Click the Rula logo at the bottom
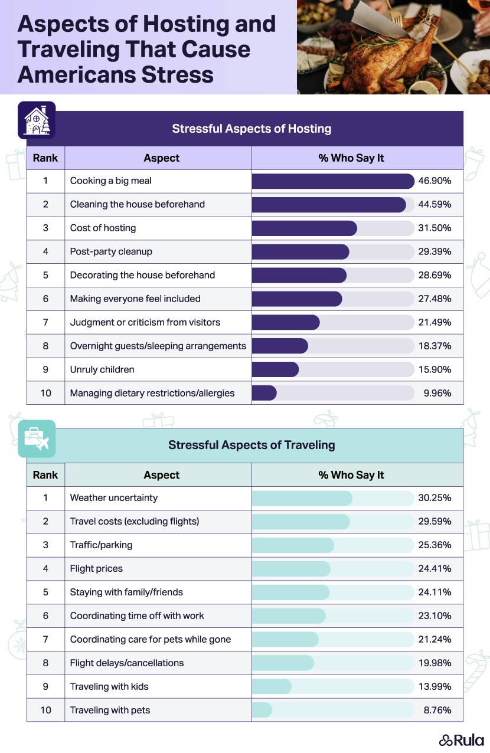tap(461, 740)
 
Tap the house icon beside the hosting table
tap(37, 120)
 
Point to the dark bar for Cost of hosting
tap(304, 228)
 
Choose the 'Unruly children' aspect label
tap(102, 369)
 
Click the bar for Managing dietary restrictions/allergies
tap(264, 393)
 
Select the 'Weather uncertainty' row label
tap(114, 498)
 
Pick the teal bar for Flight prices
tap(291, 569)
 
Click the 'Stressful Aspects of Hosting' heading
tap(251, 129)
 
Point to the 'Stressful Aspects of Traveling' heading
tap(251, 445)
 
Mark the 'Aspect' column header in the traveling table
tap(161, 475)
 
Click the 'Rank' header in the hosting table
tap(45, 158)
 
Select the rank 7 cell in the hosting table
tap(45, 322)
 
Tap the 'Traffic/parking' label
tap(101, 545)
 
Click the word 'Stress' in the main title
tap(175, 75)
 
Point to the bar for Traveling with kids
tap(272, 686)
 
